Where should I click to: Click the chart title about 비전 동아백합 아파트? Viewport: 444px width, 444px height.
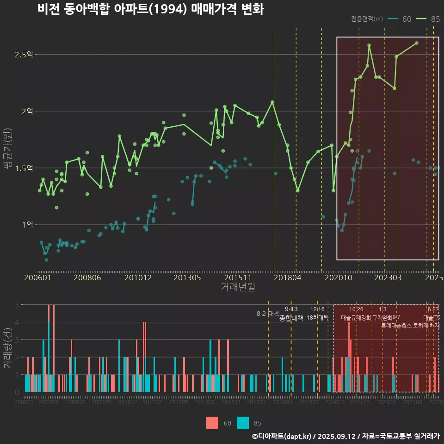(x=151, y=9)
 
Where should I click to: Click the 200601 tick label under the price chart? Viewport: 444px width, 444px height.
(x=37, y=278)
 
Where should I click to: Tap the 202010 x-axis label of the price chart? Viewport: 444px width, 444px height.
(x=337, y=278)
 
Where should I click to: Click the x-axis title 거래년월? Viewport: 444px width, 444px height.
(x=238, y=287)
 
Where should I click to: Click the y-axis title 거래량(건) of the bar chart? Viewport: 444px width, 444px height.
(x=7, y=348)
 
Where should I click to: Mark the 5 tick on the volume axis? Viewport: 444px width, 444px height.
(x=17, y=305)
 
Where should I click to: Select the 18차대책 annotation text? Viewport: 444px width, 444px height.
(x=317, y=318)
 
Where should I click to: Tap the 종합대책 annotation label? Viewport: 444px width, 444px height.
(x=291, y=318)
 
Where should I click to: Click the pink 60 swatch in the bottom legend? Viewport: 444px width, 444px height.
(x=212, y=423)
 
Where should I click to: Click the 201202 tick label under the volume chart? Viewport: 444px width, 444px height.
(x=152, y=403)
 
